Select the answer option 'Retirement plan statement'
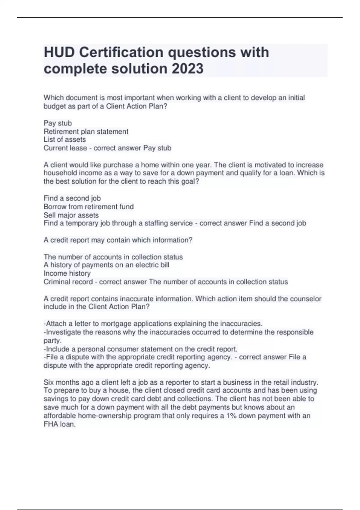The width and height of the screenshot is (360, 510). pyautogui.click(x=86, y=131)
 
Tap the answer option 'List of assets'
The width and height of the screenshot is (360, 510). pyautogui.click(x=64, y=139)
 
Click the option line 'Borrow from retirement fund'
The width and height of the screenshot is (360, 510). pyautogui.click(x=88, y=206)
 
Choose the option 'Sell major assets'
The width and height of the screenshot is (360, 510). pyautogui.click(x=71, y=215)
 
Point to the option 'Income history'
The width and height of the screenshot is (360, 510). pyautogui.click(x=67, y=273)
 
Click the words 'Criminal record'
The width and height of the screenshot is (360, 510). pyautogui.click(x=68, y=282)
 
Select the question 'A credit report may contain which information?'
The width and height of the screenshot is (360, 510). pyautogui.click(x=118, y=240)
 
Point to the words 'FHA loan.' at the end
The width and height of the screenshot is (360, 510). pyautogui.click(x=59, y=424)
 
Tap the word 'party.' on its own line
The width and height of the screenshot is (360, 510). pyautogui.click(x=52, y=340)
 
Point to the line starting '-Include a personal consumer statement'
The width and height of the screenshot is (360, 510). pyautogui.click(x=140, y=349)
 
